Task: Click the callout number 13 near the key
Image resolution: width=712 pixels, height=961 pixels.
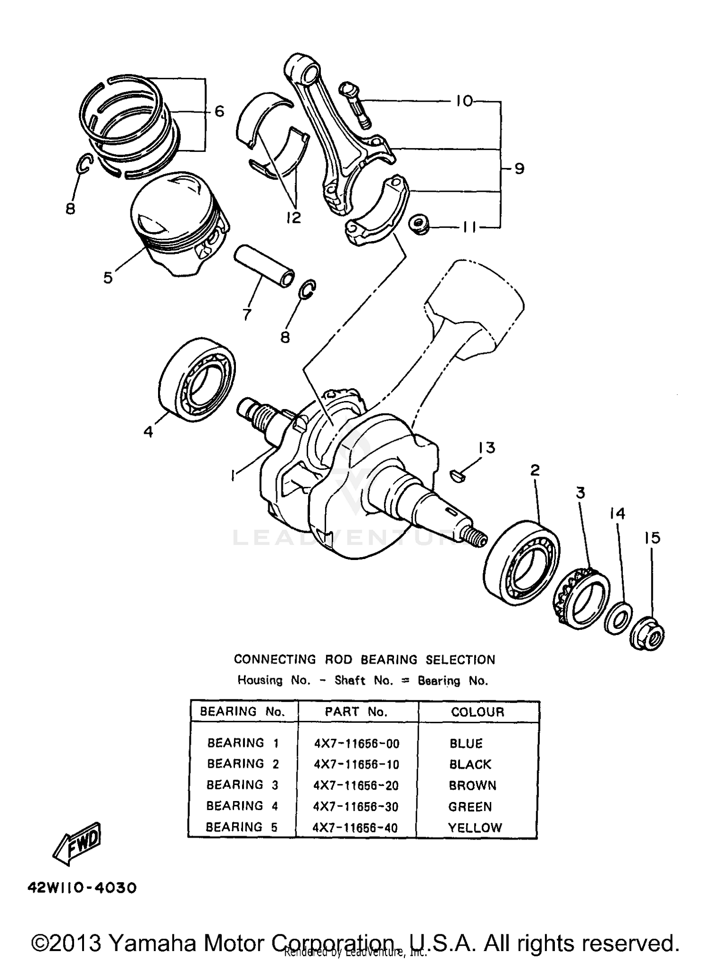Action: (x=487, y=448)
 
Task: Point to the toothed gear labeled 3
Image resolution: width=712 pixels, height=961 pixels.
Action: (x=582, y=598)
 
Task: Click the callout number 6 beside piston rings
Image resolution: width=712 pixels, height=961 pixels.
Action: (x=219, y=112)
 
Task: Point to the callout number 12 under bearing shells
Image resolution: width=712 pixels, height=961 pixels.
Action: (x=294, y=217)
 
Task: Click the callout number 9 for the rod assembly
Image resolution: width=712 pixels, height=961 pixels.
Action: (x=519, y=168)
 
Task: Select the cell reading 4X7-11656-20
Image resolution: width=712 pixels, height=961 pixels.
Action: (x=356, y=785)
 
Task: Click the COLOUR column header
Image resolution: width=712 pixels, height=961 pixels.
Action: (x=478, y=712)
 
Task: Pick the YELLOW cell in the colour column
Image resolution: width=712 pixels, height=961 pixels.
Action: (x=475, y=828)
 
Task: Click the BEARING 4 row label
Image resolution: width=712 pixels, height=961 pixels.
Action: (x=242, y=806)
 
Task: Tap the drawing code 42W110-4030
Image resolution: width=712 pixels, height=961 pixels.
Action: (x=82, y=888)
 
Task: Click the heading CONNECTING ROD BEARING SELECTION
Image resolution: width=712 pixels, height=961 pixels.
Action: (x=364, y=659)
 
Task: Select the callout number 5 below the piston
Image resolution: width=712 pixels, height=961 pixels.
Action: (x=108, y=278)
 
